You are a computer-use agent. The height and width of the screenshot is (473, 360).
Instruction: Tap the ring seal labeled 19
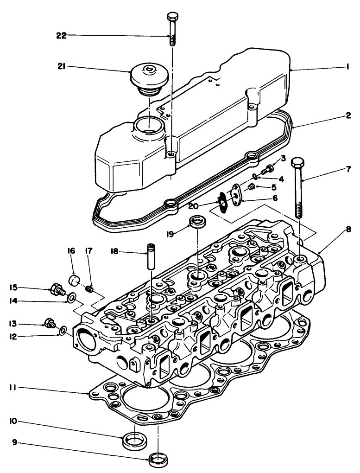coord(198,221)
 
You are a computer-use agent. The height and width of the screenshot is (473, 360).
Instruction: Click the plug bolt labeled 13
coord(49,323)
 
